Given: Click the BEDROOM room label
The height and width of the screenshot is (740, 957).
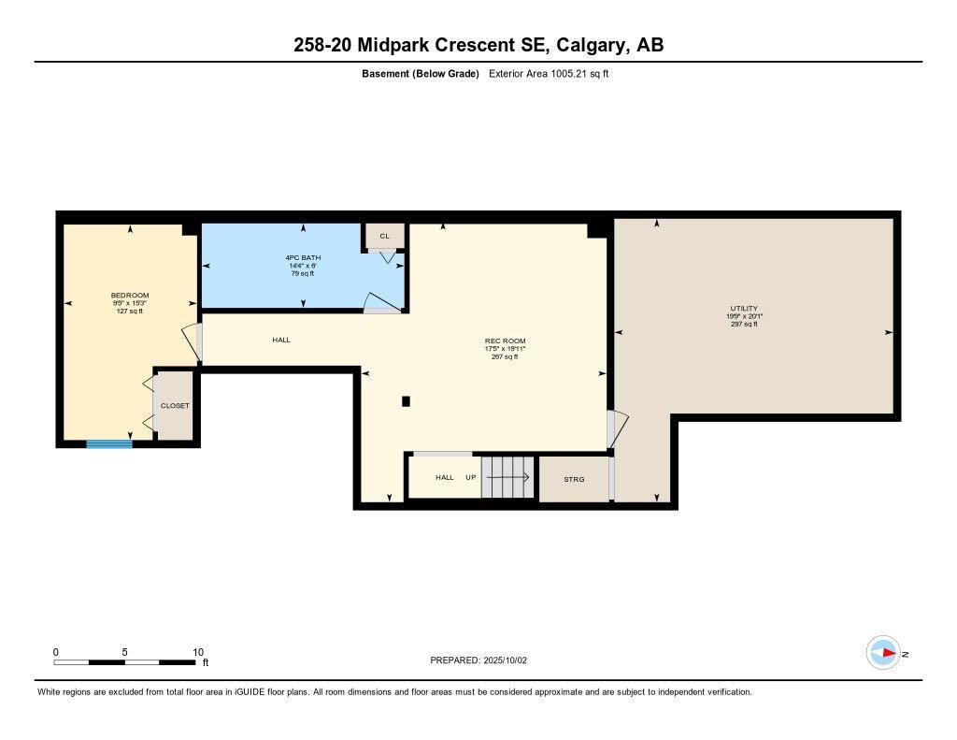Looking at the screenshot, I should pos(130,296).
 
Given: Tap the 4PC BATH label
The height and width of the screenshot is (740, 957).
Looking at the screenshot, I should pos(302,257).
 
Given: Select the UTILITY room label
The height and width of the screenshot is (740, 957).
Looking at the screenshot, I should pos(744,308).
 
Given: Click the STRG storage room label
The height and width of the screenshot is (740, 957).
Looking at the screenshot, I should pos(574,479).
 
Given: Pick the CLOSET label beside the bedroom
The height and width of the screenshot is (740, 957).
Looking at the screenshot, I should pos(175,405).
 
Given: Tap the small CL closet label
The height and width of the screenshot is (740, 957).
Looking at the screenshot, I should pos(384,236).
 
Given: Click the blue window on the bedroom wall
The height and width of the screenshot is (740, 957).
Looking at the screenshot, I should pos(109,444).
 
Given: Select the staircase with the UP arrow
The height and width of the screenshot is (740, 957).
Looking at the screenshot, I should pos(508,477).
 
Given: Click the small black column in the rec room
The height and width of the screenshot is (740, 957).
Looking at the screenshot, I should pos(406,401).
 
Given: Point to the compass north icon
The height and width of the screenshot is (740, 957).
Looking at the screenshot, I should pos(883,653).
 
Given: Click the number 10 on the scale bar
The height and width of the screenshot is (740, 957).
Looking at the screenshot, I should pos(198,652).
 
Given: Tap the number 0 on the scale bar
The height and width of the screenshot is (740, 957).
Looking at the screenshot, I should pos(56,652).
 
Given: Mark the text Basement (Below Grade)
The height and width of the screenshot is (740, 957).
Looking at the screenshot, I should pos(421,74).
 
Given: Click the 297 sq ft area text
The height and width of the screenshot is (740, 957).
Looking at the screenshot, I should pos(744,324).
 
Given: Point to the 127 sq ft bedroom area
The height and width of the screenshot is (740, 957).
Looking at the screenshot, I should pos(130,312).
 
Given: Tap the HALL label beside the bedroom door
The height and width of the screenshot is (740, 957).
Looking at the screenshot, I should pos(281,340).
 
